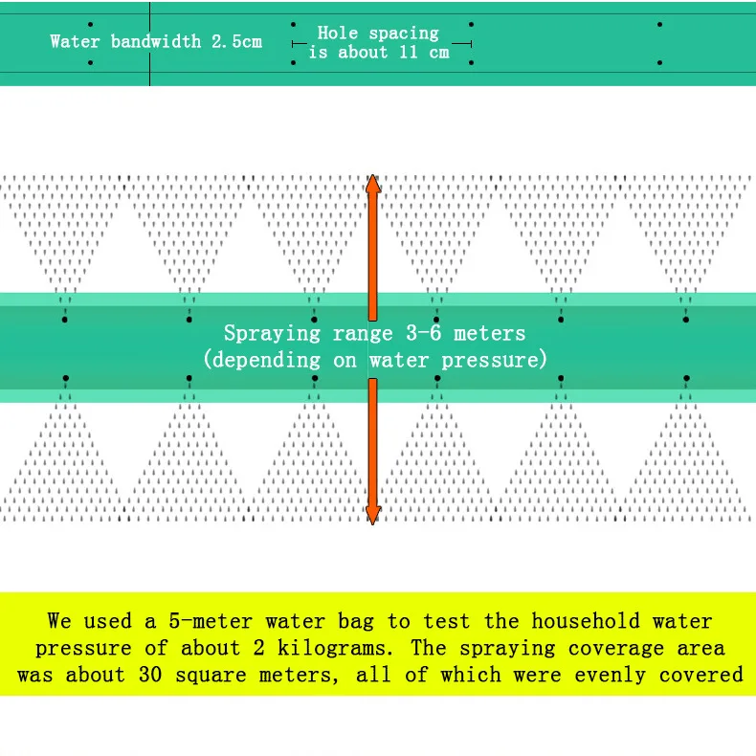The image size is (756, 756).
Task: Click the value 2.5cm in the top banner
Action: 236,41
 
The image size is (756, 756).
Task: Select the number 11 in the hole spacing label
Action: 409,53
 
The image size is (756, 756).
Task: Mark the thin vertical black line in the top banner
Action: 149,43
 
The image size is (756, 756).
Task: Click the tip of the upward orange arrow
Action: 373,178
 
